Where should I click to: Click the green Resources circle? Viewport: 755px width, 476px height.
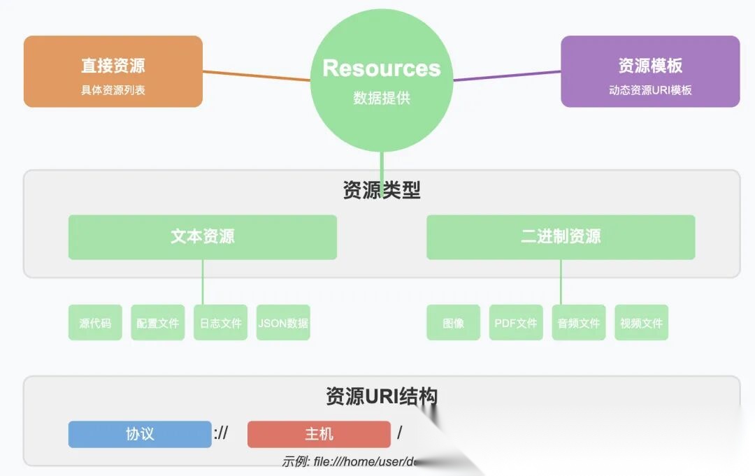click(381, 80)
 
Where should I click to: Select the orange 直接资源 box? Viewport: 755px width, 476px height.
click(113, 71)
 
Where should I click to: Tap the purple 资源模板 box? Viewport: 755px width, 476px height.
click(650, 71)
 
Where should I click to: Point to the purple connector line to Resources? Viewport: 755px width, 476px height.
click(507, 75)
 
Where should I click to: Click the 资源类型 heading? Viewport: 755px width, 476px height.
click(382, 190)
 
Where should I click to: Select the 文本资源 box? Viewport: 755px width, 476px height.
click(203, 237)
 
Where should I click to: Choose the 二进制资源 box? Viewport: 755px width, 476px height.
click(561, 237)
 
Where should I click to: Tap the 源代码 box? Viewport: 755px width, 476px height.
click(95, 323)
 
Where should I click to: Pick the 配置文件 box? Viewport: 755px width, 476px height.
click(158, 323)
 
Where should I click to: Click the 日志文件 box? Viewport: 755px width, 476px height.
click(221, 323)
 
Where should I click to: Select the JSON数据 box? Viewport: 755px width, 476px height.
click(283, 323)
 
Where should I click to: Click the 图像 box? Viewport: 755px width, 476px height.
click(454, 323)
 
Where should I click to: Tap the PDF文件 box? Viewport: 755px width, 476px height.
click(516, 323)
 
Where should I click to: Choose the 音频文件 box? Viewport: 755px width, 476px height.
click(579, 323)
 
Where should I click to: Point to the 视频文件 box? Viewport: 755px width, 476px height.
click(642, 323)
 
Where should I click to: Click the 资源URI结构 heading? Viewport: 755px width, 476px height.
click(382, 396)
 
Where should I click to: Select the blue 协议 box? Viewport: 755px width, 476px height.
click(140, 434)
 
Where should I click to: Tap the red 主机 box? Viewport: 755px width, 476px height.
click(319, 434)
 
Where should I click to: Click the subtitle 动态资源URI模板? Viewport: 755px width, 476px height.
click(650, 89)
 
